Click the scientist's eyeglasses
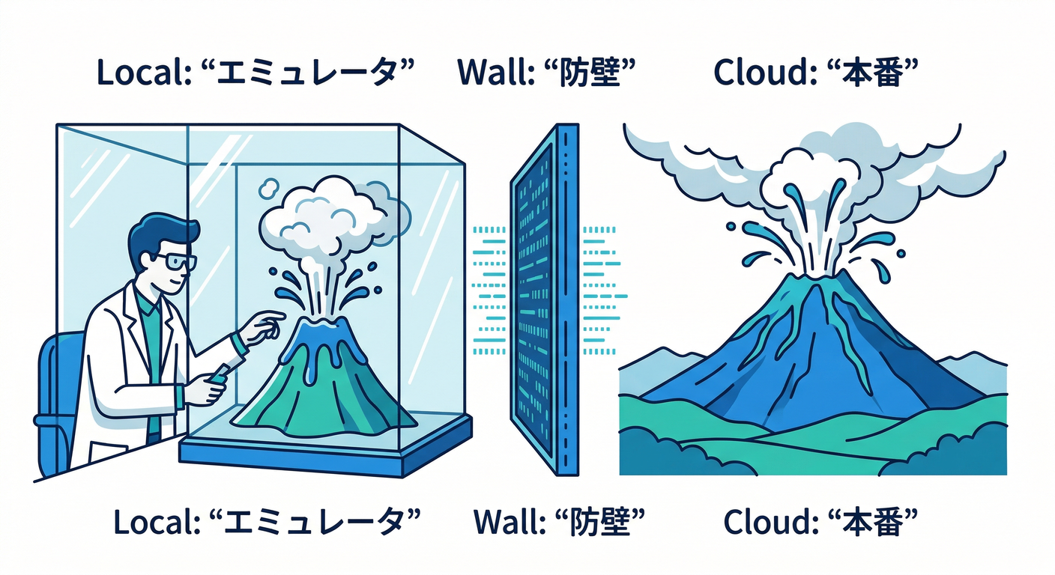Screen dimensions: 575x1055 click(x=178, y=261)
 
